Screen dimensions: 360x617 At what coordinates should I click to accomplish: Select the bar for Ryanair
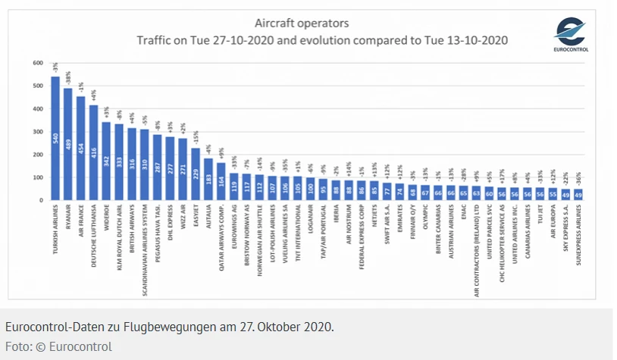(x=68, y=144)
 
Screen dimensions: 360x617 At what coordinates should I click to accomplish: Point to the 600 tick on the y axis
(x=37, y=62)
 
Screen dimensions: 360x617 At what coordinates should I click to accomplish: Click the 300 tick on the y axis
(x=37, y=131)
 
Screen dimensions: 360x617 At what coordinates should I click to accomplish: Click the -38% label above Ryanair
(x=68, y=79)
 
